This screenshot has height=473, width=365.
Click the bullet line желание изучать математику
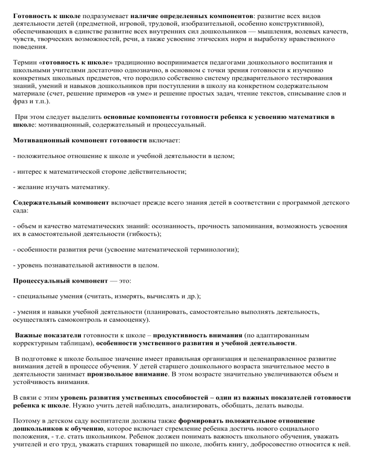(x=62, y=187)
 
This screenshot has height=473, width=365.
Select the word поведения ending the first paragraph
(x=30, y=48)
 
